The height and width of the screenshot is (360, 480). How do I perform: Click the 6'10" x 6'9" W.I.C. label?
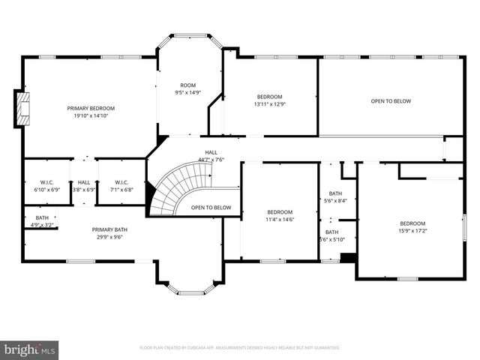point(42,182)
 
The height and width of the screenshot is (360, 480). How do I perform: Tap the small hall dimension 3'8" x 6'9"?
point(84,190)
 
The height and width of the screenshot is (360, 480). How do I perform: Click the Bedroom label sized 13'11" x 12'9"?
point(269,97)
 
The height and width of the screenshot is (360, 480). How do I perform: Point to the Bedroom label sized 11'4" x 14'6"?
point(280,212)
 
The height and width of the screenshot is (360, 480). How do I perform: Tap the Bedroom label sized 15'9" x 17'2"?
point(412,223)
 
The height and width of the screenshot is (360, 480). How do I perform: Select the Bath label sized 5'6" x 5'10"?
point(331,232)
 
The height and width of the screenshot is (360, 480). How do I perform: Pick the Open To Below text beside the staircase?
point(211,208)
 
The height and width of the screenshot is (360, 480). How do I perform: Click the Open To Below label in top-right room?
point(391,101)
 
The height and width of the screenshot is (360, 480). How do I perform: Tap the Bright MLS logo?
point(30,349)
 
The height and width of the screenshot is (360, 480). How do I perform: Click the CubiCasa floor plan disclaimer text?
point(240,348)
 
